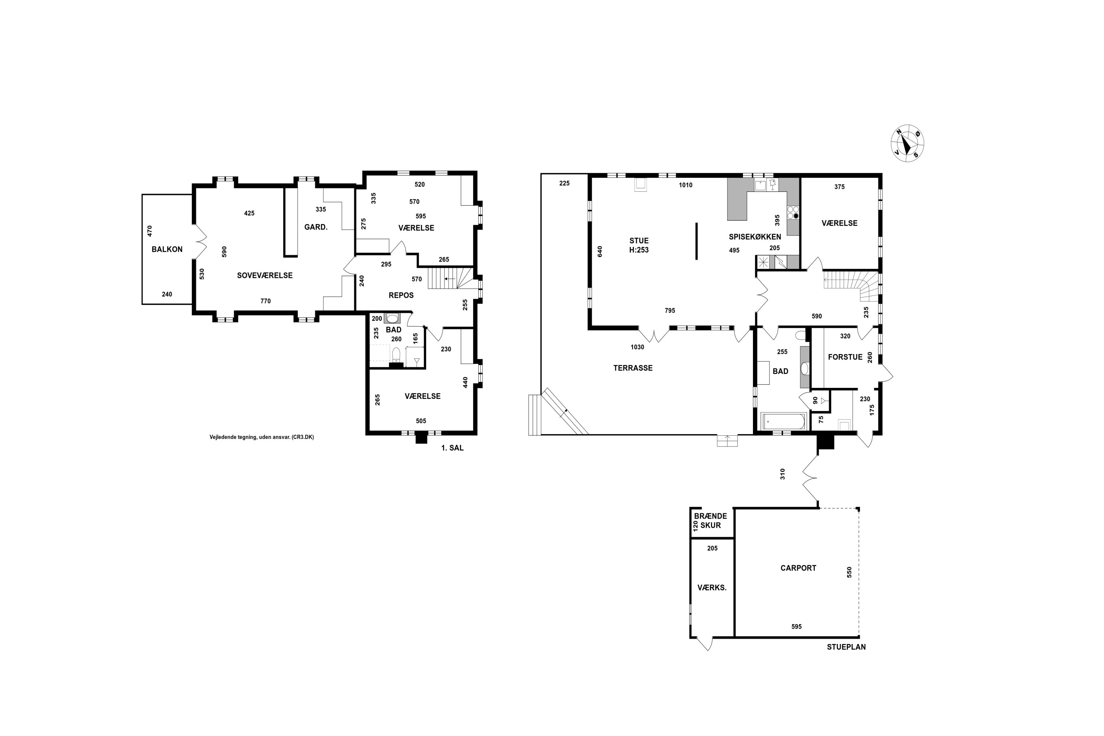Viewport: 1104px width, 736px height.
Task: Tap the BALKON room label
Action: coord(167,249)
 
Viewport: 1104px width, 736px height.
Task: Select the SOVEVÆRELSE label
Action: coord(265,276)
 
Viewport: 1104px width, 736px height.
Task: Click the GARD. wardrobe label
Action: coord(316,227)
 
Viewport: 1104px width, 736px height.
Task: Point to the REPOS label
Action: coord(401,295)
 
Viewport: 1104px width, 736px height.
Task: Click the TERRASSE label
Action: coord(633,368)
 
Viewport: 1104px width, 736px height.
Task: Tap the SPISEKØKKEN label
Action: coord(755,237)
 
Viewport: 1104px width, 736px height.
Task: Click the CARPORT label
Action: coord(799,568)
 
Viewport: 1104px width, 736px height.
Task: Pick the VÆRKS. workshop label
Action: coord(712,588)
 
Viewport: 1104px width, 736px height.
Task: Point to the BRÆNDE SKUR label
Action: coord(710,521)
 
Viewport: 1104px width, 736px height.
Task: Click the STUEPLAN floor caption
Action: coord(846,647)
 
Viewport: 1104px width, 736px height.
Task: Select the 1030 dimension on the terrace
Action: coord(637,347)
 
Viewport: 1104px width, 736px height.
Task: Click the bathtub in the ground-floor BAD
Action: coord(782,421)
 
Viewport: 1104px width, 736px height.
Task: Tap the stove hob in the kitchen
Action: coord(793,213)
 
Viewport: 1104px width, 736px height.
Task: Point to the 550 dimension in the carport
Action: coord(849,572)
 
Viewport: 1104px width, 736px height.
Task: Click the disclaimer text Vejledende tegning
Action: coord(261,437)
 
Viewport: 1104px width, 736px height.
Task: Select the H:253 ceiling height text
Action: coord(639,250)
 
